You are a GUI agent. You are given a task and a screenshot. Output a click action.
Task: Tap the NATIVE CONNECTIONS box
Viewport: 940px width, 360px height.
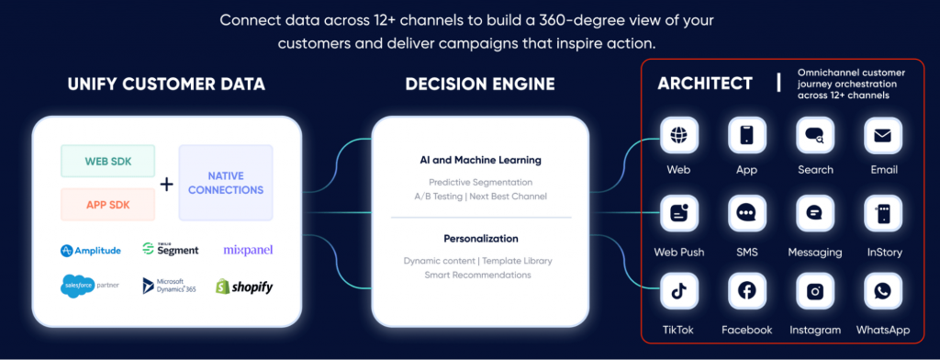(x=225, y=182)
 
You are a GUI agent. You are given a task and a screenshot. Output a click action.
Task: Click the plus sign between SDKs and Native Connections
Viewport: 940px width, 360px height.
(x=166, y=184)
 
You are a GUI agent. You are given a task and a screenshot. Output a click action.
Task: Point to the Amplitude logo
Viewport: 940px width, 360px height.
(x=92, y=251)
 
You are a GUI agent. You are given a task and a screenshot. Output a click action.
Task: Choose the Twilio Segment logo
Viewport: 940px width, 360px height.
(x=171, y=249)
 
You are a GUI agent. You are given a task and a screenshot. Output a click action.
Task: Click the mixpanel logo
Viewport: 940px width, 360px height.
(x=248, y=250)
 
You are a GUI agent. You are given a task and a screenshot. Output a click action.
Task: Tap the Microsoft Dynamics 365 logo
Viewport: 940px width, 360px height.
(x=171, y=286)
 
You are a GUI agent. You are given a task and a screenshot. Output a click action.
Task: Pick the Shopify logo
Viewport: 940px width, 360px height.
(x=244, y=287)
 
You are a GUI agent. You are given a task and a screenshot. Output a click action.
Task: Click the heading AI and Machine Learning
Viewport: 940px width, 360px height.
(x=480, y=159)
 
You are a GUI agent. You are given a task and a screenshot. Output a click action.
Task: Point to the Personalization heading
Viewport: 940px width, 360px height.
(x=480, y=238)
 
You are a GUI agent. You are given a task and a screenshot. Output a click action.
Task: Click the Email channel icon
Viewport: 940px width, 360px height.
(x=882, y=136)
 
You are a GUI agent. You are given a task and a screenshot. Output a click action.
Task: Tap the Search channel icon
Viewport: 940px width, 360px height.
(x=814, y=136)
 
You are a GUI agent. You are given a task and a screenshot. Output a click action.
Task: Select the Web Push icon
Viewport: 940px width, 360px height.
(x=679, y=213)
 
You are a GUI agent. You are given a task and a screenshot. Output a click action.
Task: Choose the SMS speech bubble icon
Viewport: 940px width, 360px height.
(x=746, y=213)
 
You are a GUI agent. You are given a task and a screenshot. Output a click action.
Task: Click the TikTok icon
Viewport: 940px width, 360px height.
(x=679, y=291)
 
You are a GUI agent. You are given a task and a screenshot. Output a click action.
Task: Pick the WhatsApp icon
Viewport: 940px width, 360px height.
(x=882, y=291)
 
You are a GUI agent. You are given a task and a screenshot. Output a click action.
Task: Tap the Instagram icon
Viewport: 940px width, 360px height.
(x=814, y=291)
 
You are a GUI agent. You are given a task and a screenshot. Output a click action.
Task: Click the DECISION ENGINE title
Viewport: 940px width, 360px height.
(x=480, y=84)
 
